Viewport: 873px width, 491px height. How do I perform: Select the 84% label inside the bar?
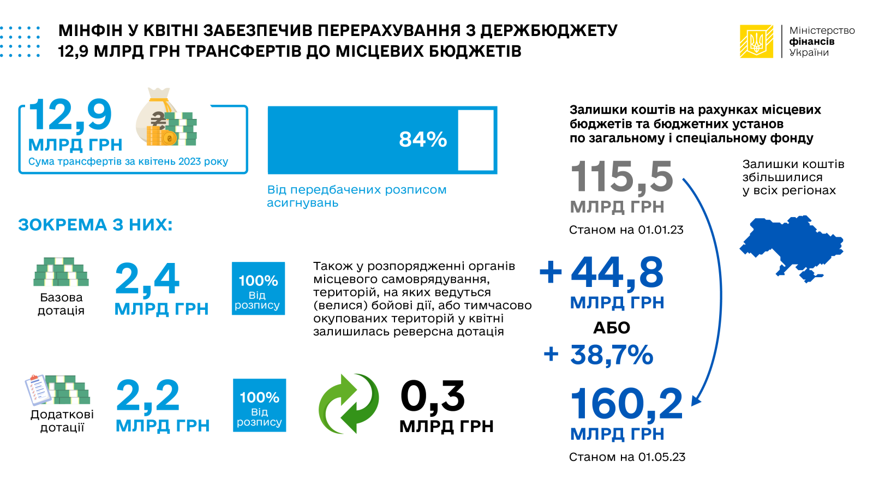[x=423, y=140]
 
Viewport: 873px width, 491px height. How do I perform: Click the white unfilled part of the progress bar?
[x=476, y=140]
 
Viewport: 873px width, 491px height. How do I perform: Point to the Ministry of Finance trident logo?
[x=756, y=41]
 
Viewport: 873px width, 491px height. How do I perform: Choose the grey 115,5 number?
[x=622, y=177]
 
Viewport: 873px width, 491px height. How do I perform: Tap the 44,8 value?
[x=617, y=272]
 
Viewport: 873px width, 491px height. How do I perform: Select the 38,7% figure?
[x=612, y=355]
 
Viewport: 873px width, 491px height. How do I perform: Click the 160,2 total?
[x=626, y=404]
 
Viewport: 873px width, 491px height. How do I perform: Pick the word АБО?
[x=612, y=328]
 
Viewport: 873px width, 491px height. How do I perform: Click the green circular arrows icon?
[x=349, y=404]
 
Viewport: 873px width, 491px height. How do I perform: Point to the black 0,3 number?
[x=433, y=397]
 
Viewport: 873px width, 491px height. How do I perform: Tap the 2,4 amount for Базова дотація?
[x=147, y=279]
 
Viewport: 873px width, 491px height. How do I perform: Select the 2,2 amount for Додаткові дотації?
[x=148, y=396]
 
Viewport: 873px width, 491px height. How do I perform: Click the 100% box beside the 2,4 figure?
[x=258, y=289]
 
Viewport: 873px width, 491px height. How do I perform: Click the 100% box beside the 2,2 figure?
[x=259, y=405]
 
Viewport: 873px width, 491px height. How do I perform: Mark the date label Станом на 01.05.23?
[x=627, y=457]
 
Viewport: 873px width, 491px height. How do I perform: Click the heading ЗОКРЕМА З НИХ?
[x=95, y=225]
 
